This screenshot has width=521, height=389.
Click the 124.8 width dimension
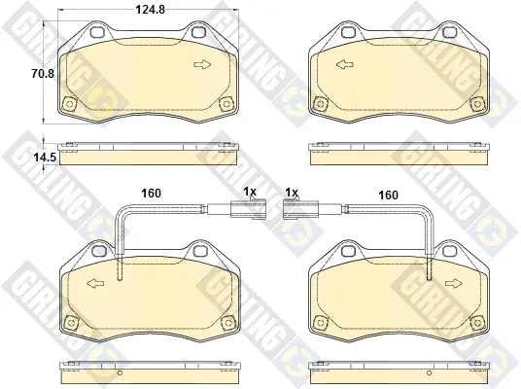pos(150,10)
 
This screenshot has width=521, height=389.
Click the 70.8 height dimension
pos(43,73)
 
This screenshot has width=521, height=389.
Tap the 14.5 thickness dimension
pos(45,158)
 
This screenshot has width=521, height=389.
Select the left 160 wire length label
pos(152,194)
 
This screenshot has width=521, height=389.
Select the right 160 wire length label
pos(388,195)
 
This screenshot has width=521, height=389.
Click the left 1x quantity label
pos(250,192)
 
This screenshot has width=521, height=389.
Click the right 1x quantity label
pos(292,193)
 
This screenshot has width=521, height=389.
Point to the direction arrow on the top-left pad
pos(202,64)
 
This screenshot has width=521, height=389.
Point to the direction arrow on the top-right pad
pos(344,64)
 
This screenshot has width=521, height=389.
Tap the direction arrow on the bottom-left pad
pos(95,284)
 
